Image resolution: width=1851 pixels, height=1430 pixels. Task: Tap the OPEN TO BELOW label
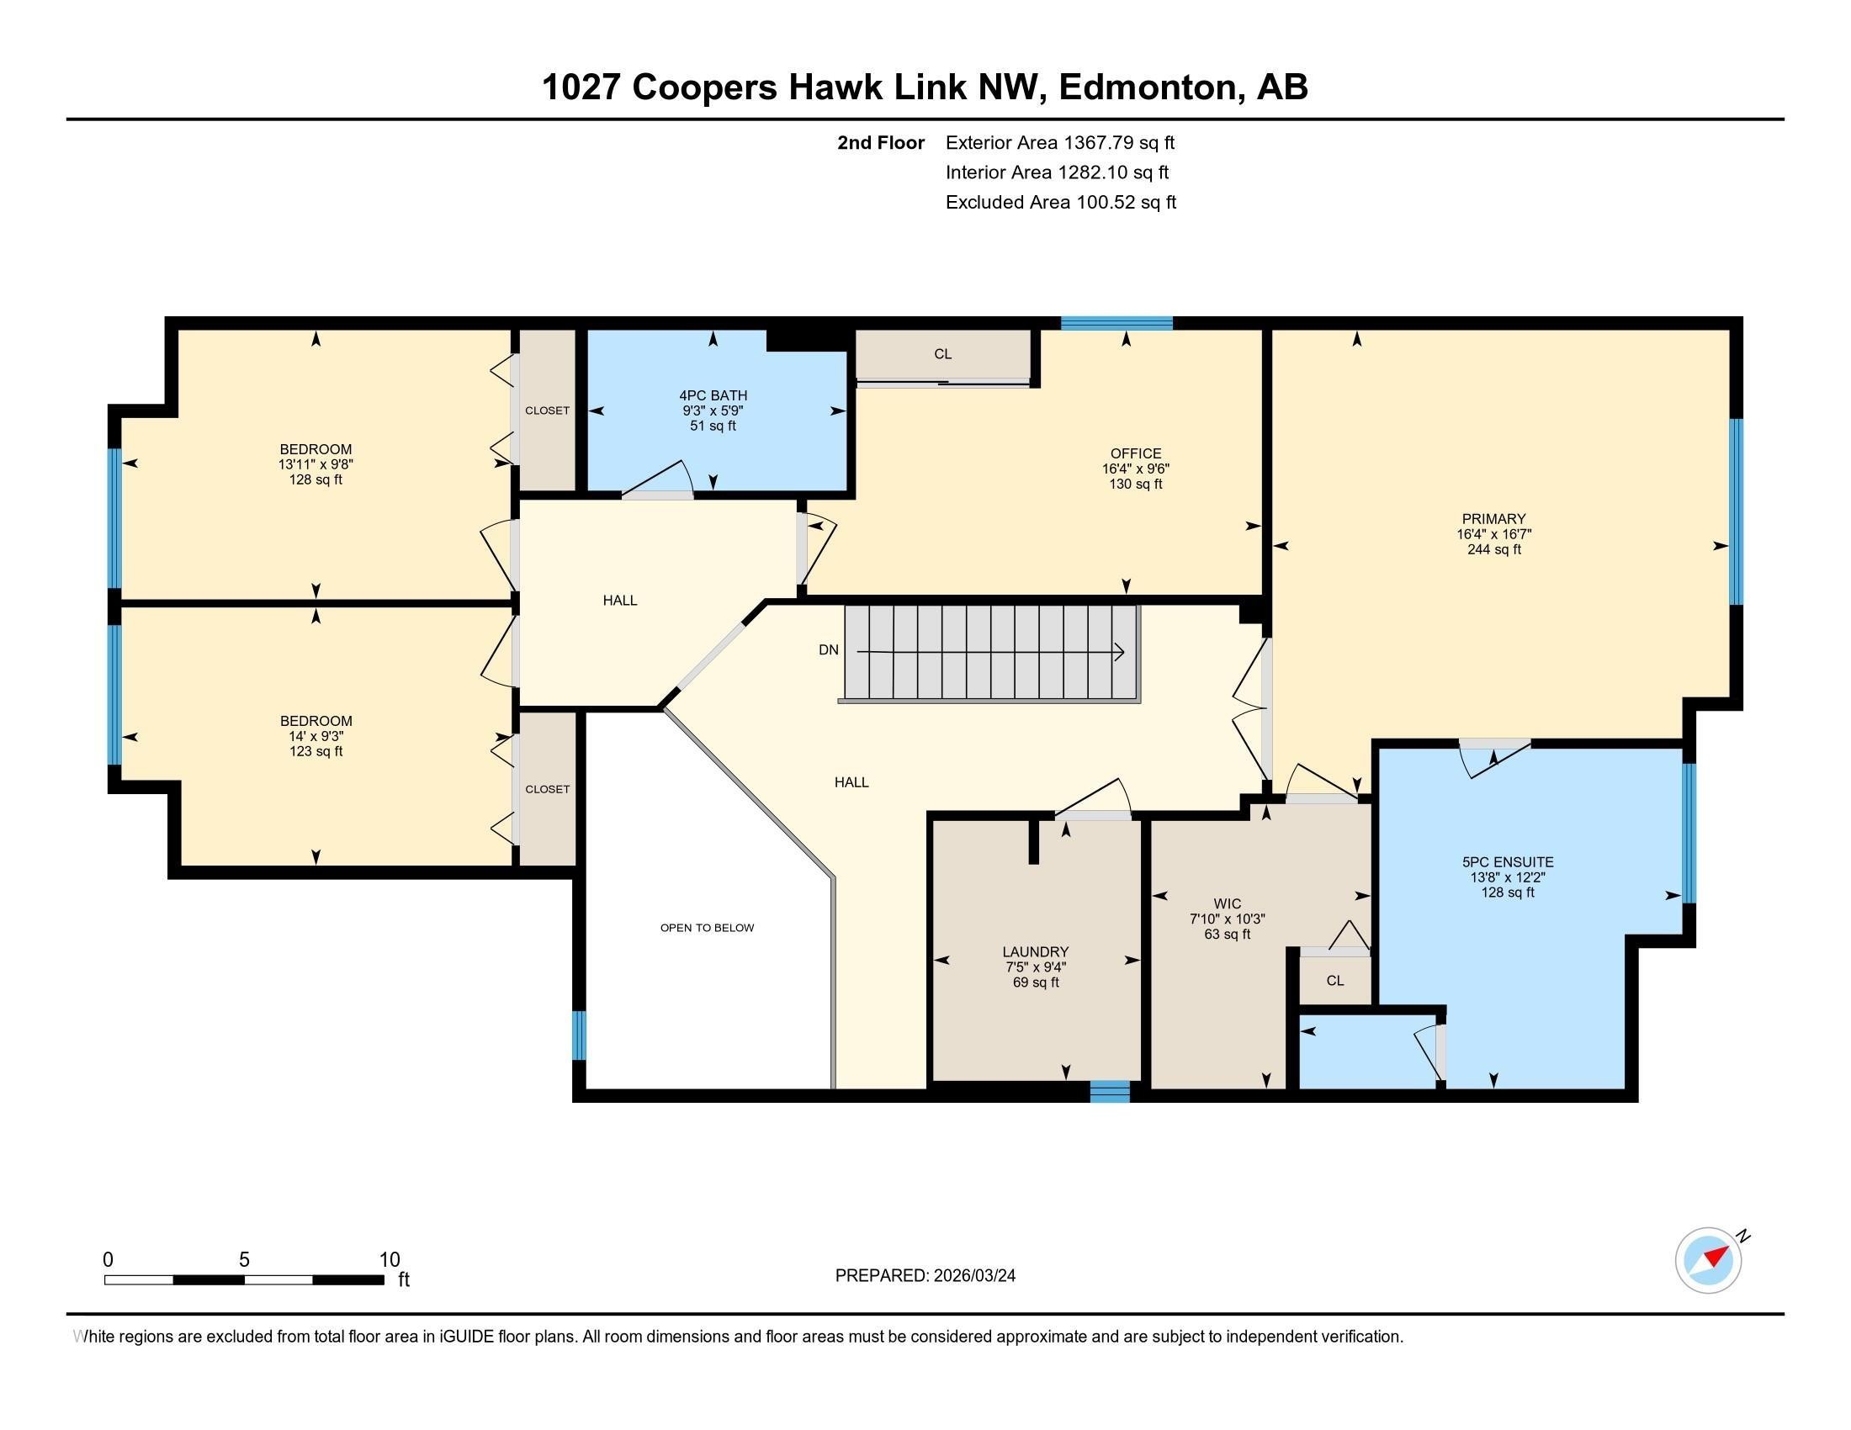(707, 928)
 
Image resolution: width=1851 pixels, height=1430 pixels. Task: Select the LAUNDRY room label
(1036, 951)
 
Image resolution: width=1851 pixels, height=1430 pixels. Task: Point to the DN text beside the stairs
(828, 649)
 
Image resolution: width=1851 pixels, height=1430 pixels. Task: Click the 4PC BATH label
(713, 395)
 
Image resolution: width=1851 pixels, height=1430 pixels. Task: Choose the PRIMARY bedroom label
(1493, 518)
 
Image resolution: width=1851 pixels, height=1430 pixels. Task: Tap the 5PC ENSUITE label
(1508, 861)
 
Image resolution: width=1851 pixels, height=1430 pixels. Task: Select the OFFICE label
(1136, 453)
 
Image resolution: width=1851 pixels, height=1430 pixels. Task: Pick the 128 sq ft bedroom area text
(316, 479)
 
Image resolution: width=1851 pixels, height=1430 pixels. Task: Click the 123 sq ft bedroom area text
(316, 751)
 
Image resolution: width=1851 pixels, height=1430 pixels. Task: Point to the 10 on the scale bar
(389, 1259)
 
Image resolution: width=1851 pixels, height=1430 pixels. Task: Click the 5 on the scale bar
(244, 1259)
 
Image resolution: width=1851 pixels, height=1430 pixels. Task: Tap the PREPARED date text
(925, 1275)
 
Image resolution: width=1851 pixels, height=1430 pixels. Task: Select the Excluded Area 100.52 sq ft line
(1061, 203)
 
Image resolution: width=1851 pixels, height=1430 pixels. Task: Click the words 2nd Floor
(881, 142)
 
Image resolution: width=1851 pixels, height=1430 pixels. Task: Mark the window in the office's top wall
(1117, 323)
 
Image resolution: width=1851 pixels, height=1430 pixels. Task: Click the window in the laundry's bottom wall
(1110, 1091)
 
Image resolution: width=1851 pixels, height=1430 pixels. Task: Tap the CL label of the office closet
(942, 354)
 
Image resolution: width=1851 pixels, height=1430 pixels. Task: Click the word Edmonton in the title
(1145, 87)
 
